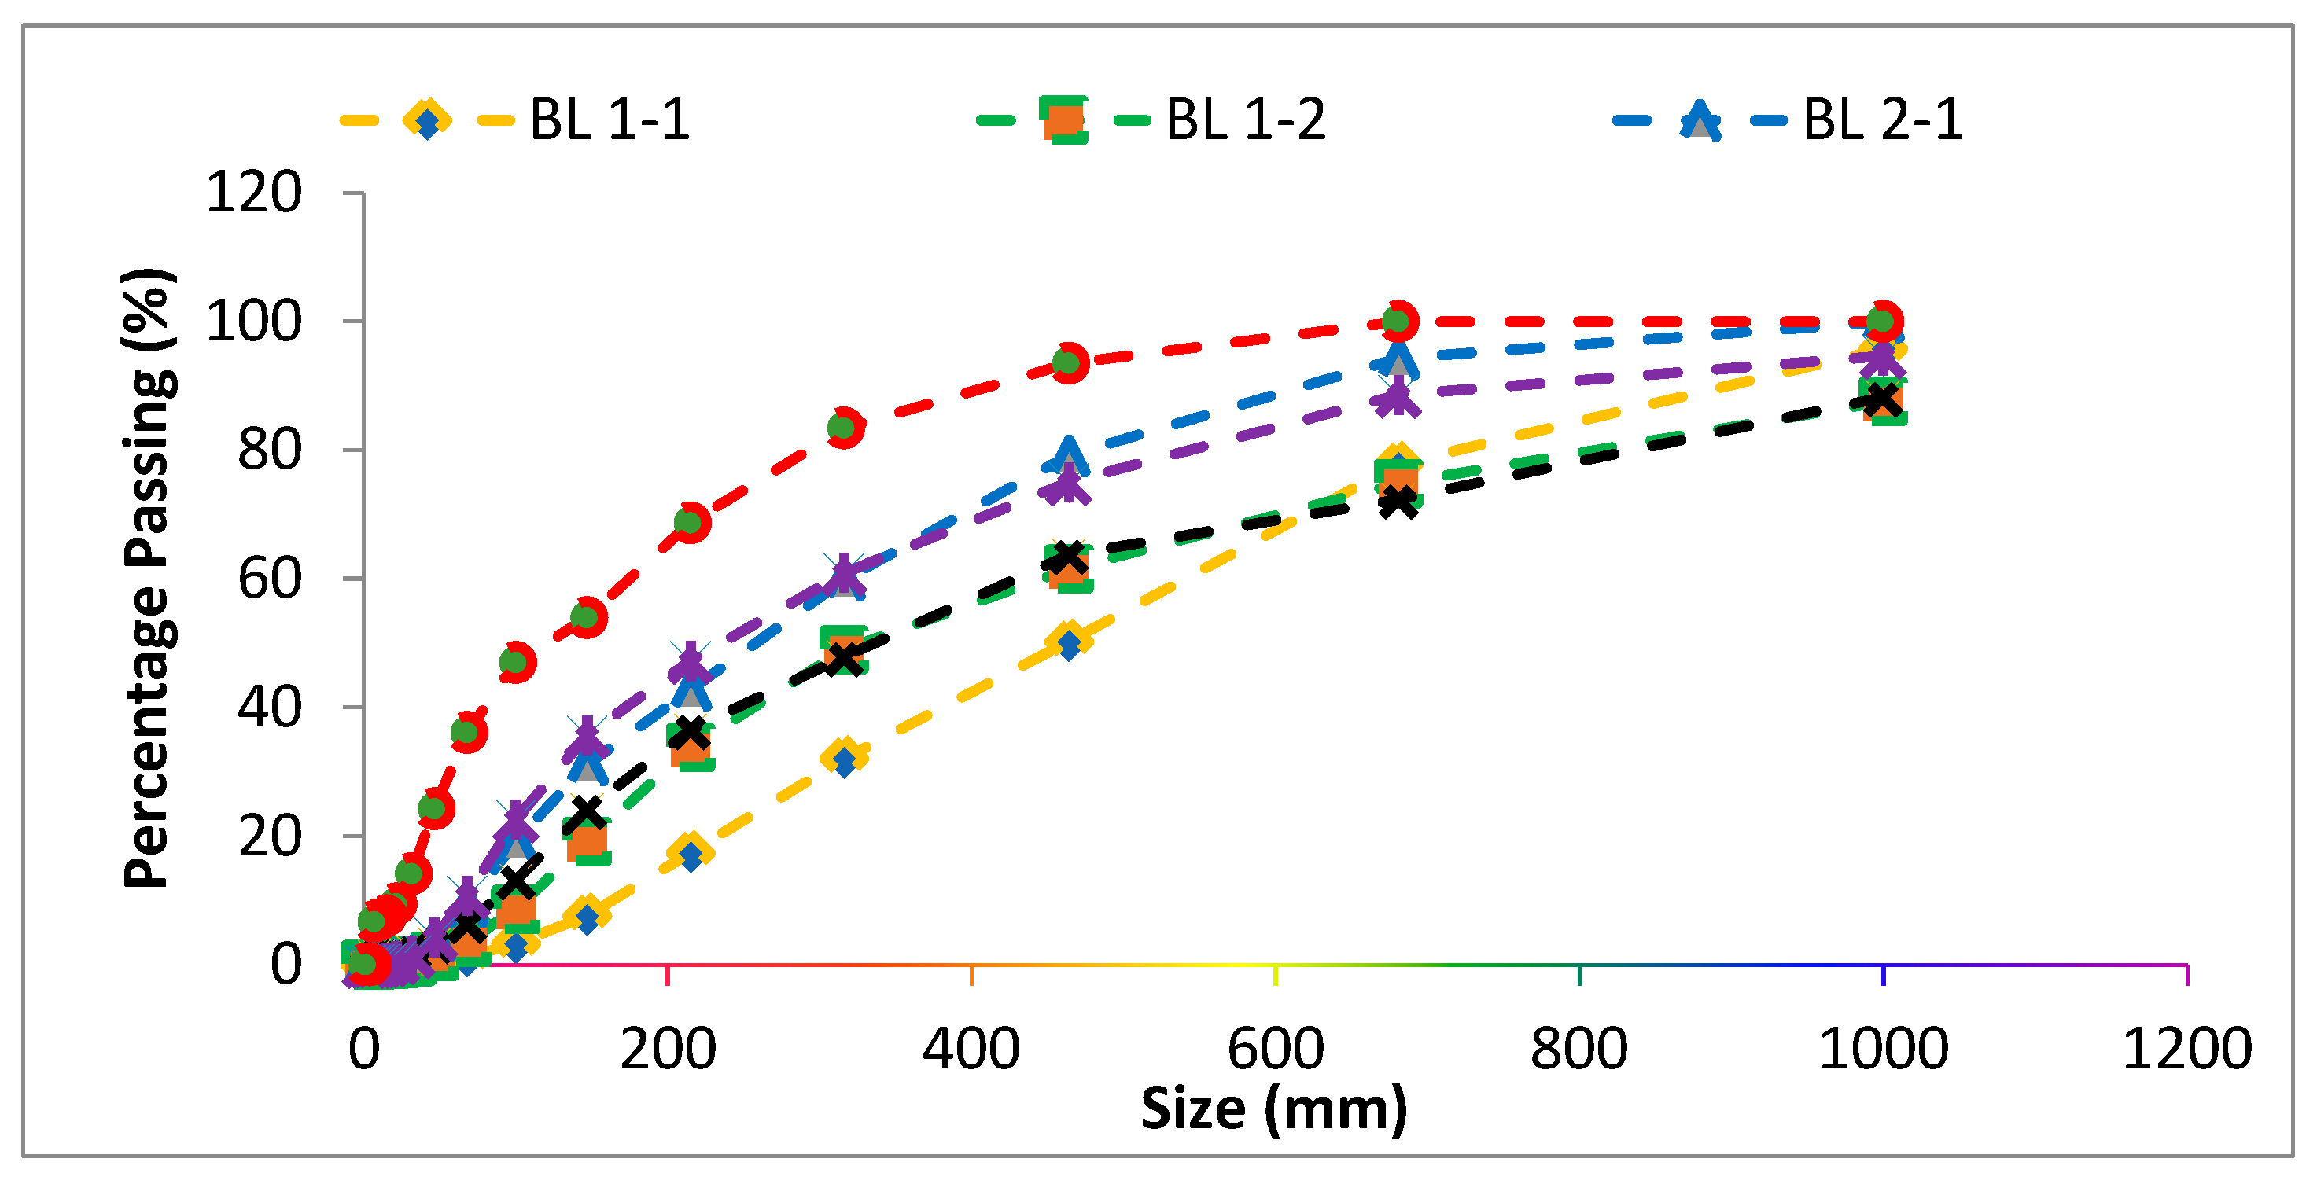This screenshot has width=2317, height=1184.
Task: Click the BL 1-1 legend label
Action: coord(609,120)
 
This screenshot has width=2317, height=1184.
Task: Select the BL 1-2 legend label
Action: coord(1245,120)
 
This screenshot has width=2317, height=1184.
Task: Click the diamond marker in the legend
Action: coord(427,120)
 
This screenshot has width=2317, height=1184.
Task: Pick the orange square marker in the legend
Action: coord(1063,120)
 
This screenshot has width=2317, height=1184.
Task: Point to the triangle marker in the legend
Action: coord(1700,120)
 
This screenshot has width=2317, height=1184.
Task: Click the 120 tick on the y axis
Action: coord(254,193)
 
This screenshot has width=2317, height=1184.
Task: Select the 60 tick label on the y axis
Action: coord(269,579)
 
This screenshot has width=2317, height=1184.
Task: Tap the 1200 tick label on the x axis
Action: coord(2186,1048)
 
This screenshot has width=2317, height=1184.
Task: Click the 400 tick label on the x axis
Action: coord(971,1048)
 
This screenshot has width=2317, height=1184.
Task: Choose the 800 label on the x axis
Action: coord(1578,1048)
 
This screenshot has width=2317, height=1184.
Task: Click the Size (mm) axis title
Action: coord(1273,1108)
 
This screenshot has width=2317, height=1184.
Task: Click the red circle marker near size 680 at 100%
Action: coord(1397,321)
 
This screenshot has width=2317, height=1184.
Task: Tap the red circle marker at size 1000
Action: coord(1883,321)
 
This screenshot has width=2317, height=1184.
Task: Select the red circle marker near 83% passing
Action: coord(844,427)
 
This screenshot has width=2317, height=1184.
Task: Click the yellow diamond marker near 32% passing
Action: coord(844,757)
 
